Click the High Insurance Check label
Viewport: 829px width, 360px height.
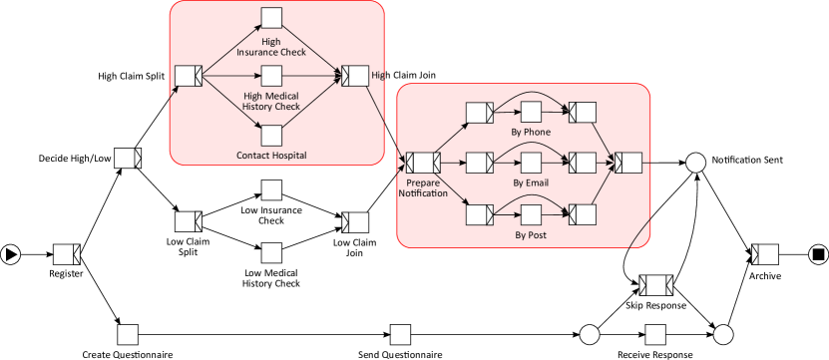pos(270,47)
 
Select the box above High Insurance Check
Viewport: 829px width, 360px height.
pos(271,18)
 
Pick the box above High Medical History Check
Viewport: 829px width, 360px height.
pos(271,76)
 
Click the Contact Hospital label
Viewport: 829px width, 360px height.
pos(271,156)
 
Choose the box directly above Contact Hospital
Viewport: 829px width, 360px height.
pos(271,134)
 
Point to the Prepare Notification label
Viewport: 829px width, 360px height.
pos(423,188)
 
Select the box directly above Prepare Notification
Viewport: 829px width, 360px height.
pos(423,162)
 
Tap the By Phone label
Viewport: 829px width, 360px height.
pos(531,132)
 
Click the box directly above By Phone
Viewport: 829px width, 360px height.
pos(531,111)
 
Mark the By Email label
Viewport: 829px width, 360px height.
pos(531,183)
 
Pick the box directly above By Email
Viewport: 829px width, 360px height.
pos(531,162)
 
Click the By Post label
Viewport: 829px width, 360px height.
pos(531,235)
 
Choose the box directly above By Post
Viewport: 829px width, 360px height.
pos(531,213)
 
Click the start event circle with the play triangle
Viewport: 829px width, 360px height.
pos(11,254)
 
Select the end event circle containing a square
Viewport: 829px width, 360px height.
pos(817,254)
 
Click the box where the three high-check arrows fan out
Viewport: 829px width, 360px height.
pos(189,76)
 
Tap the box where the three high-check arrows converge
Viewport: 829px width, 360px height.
pos(354,76)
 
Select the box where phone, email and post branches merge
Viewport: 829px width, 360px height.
pos(628,162)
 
